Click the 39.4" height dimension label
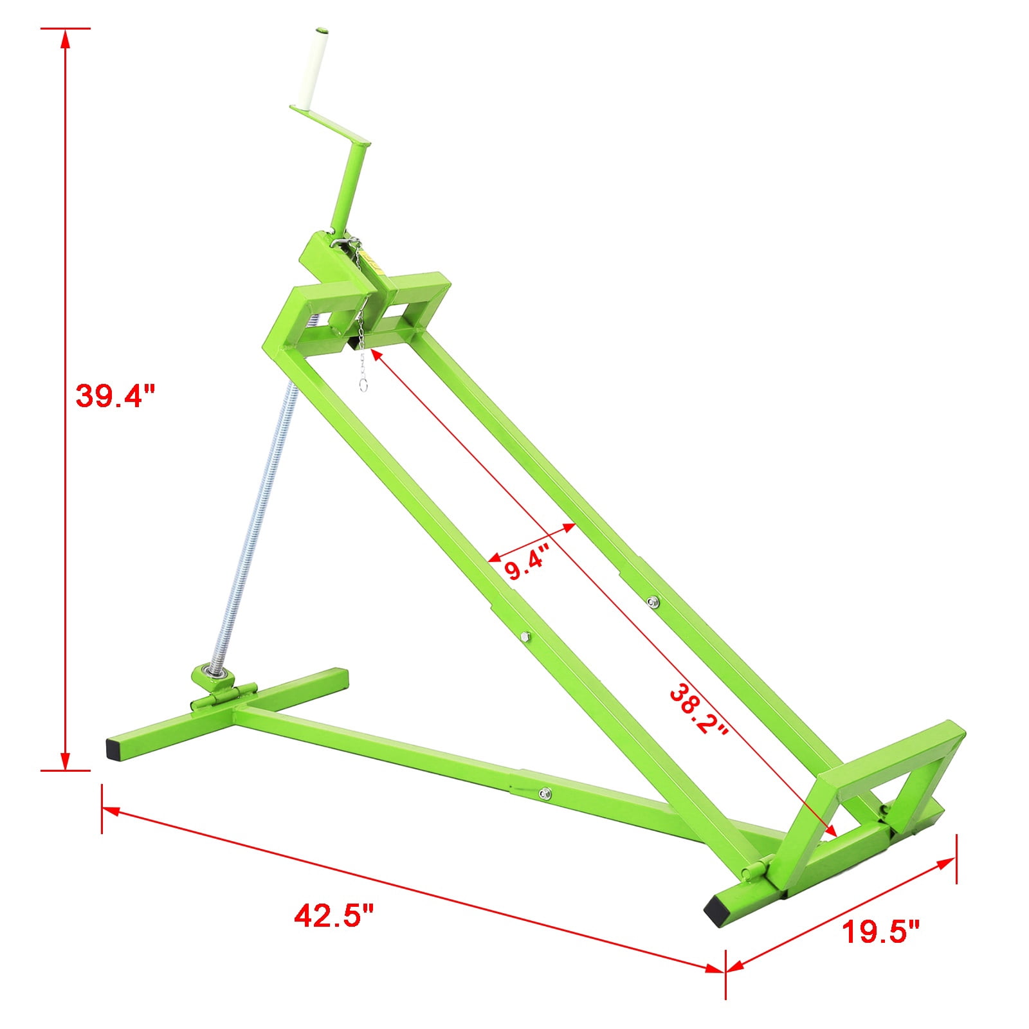coord(116,395)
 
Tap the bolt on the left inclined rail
coord(525,636)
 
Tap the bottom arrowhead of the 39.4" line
coord(64,761)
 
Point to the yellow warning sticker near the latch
coord(371,261)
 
